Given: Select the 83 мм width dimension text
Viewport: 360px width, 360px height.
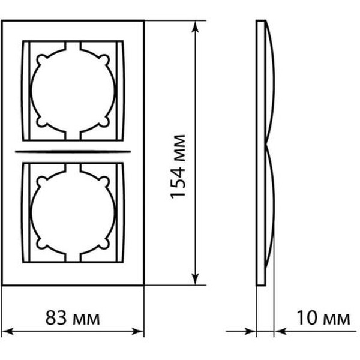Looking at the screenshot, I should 72,316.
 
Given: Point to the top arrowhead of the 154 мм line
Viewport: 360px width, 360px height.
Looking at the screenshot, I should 196,28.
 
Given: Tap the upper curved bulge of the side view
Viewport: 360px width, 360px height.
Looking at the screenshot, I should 271,84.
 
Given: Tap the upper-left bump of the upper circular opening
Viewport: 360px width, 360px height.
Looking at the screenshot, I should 40,58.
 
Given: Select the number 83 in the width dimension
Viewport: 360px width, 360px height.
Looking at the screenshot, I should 56,316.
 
